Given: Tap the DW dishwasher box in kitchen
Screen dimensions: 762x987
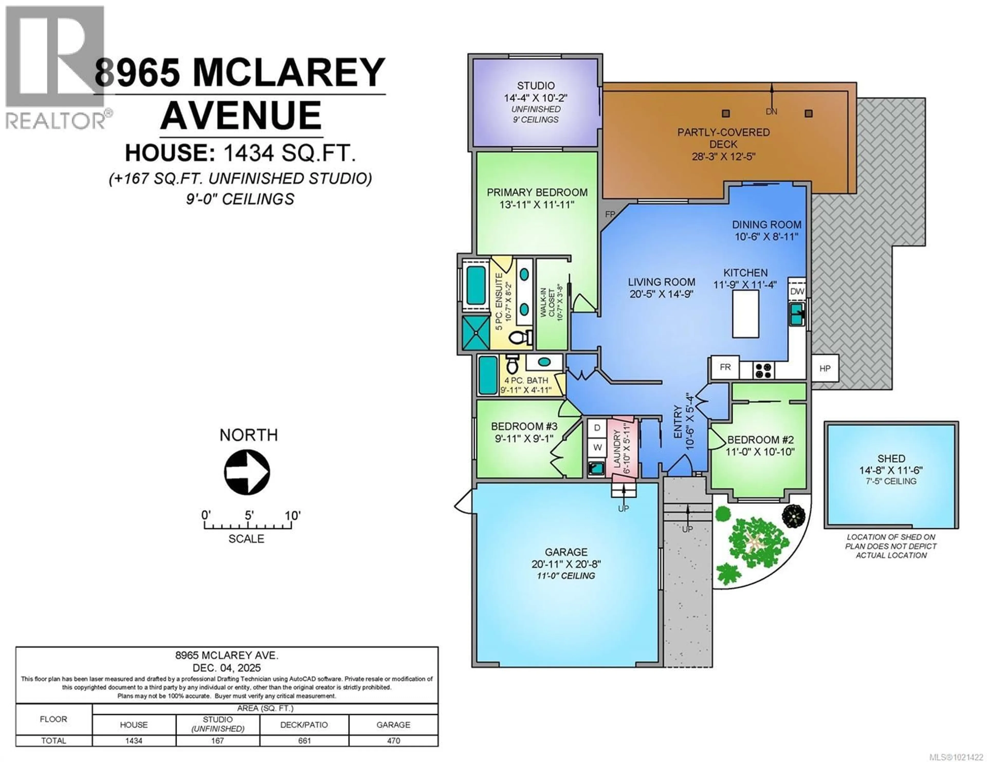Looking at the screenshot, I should (797, 291).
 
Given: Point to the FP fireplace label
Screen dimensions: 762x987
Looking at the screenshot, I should (610, 214).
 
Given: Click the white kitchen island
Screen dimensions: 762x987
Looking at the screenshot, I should (745, 314).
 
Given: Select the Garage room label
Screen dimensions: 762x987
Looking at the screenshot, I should (566, 552).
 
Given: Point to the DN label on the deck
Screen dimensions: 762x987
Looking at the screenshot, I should (771, 111).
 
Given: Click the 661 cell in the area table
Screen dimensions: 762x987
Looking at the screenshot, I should (304, 741).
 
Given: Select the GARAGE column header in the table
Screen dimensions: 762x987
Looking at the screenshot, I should (393, 725).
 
